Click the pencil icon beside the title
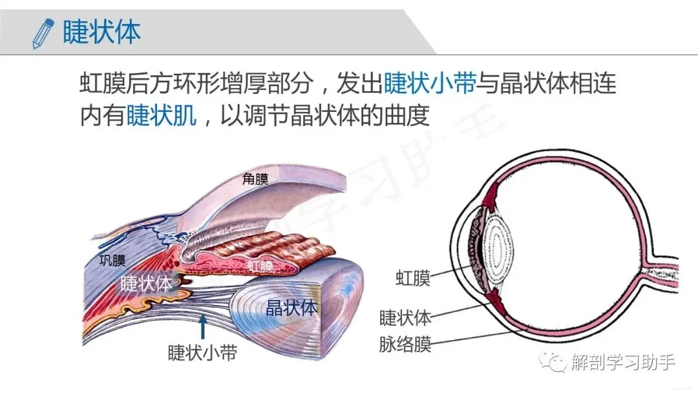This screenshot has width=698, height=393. [x=43, y=34]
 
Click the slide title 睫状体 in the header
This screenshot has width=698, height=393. [x=101, y=32]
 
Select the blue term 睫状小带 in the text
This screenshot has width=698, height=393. [x=430, y=83]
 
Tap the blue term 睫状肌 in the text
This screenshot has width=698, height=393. [x=161, y=115]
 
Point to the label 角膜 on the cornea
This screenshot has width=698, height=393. [x=255, y=179]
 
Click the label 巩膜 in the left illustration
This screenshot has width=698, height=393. [x=112, y=260]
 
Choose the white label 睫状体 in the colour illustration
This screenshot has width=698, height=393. [x=146, y=283]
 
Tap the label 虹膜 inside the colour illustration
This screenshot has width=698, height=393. [x=260, y=266]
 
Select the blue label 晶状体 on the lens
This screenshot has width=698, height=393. [x=291, y=308]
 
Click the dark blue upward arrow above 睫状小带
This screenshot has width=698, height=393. [x=203, y=326]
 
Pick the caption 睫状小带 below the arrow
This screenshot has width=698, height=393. [x=202, y=353]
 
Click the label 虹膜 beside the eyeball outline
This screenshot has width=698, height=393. [x=413, y=279]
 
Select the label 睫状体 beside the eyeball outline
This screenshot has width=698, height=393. [x=405, y=318]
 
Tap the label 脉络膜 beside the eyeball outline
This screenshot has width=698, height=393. [x=405, y=344]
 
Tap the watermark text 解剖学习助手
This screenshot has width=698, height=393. [x=623, y=362]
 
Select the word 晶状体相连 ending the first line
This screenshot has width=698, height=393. [x=558, y=83]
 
